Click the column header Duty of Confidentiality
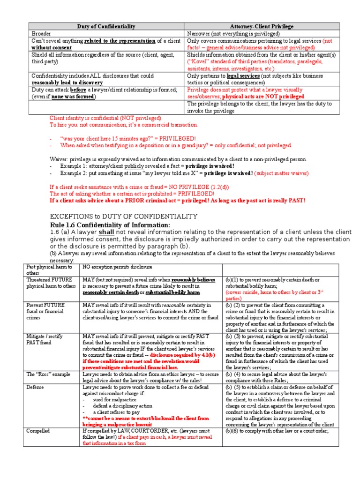pos(106,27)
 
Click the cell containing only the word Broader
pos(41,34)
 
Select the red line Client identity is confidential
pos(105,118)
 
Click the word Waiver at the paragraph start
pos(59,159)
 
